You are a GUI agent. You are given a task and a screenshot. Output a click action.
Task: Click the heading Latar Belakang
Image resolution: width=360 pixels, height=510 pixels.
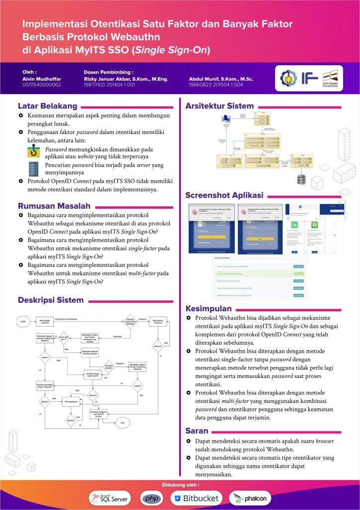click(x=48, y=106)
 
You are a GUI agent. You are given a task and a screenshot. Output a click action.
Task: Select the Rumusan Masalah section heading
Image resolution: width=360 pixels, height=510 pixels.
click(x=54, y=206)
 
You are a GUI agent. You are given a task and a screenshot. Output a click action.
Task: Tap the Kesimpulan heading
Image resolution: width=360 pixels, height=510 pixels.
click(x=209, y=308)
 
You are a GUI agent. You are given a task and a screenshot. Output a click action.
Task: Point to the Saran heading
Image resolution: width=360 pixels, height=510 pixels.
click(x=197, y=431)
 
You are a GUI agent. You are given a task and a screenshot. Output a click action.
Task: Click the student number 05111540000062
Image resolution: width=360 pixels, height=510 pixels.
click(x=42, y=85)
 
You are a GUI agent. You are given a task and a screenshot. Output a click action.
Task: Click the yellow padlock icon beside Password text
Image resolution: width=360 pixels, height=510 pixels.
click(x=34, y=152)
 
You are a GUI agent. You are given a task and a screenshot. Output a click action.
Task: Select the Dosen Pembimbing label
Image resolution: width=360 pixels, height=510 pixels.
click(x=108, y=72)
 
